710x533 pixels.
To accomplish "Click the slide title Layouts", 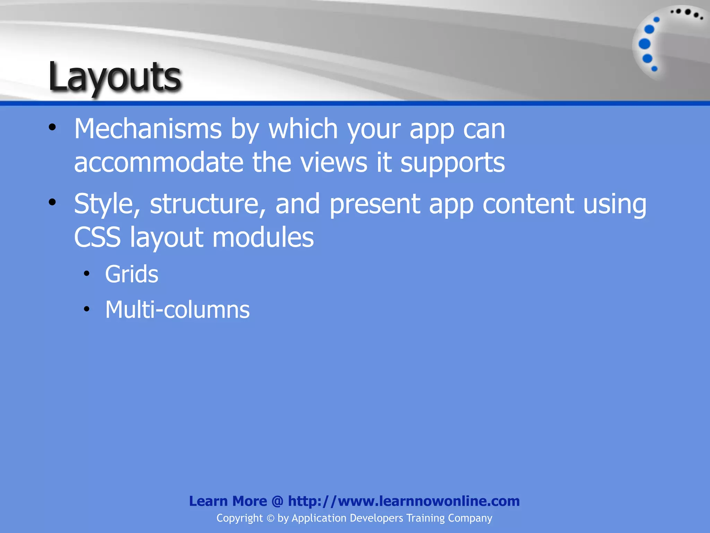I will (x=114, y=77).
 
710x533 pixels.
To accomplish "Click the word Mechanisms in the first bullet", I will (x=148, y=129).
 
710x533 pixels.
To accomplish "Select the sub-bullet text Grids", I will (x=132, y=274).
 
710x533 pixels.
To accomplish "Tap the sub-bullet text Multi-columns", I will (x=177, y=310).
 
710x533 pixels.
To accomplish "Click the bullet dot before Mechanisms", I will (x=52, y=127).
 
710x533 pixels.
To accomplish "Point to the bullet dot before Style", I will (x=52, y=202).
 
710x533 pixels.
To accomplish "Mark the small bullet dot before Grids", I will (x=87, y=274).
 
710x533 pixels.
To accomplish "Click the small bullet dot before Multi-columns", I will (x=87, y=309).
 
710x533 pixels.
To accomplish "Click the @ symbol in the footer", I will (x=277, y=501).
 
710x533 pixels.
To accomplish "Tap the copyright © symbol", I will (x=270, y=518).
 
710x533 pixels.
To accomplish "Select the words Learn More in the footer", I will (x=228, y=501).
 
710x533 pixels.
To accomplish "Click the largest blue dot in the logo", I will (x=644, y=44).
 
